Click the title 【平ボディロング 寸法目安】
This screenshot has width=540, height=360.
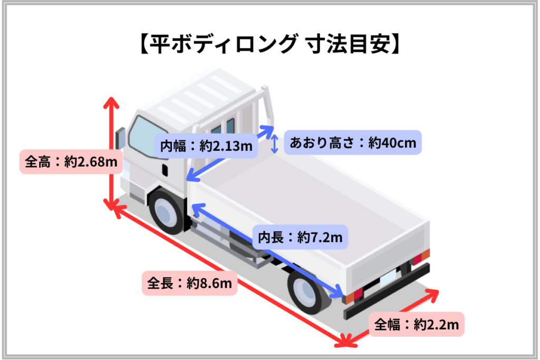269,46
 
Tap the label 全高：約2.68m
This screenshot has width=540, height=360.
70,162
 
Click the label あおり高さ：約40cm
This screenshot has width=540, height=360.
352,142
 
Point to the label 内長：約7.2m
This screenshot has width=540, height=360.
300,238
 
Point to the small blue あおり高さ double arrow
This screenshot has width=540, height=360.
274,143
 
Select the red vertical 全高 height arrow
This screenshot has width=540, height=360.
111,153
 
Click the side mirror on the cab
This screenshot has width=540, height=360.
120,138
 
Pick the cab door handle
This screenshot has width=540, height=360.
165,170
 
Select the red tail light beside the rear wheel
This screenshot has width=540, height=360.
357,292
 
